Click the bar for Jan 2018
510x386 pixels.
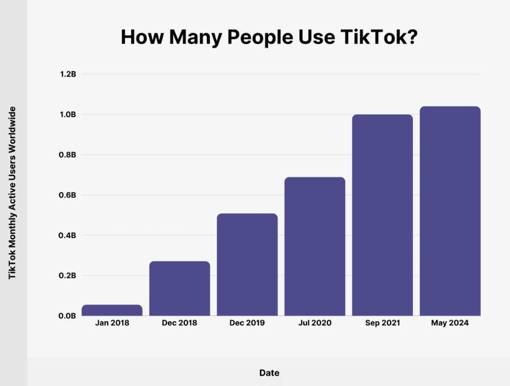[112, 310]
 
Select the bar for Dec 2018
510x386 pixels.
[179, 289]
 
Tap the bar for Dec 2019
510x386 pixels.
[247, 265]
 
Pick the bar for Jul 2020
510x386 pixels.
[315, 246]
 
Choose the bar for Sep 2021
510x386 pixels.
[382, 215]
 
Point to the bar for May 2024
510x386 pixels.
[450, 211]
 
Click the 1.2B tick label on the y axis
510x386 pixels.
[68, 74]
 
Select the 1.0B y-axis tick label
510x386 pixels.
[68, 115]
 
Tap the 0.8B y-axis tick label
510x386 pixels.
[68, 155]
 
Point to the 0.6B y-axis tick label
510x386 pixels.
[68, 195]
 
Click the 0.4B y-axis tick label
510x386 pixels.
[68, 235]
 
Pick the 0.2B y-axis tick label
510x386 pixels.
[68, 275]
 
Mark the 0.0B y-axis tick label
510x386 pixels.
[68, 316]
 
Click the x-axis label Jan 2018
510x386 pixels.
[112, 323]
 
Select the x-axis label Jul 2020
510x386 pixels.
[315, 323]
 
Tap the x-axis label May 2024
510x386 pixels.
[450, 323]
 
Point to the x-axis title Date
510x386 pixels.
[269, 373]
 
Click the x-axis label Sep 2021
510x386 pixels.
[382, 323]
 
